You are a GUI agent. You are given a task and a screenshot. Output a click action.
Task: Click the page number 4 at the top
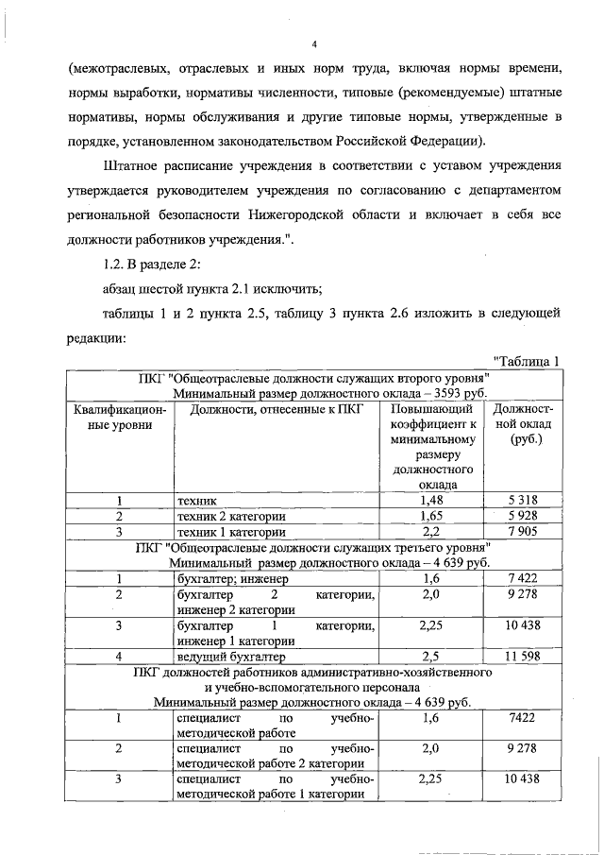pos(315,43)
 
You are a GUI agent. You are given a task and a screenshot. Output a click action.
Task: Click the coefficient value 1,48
pos(430,500)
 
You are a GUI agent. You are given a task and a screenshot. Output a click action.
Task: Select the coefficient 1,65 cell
pos(430,516)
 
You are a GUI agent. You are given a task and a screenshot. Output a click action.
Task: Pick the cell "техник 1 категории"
pos(232,532)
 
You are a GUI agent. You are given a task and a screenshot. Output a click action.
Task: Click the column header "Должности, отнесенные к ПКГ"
pos(276,409)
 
